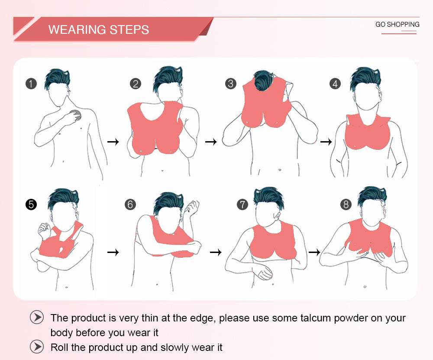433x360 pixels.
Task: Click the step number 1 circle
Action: (x=31, y=84)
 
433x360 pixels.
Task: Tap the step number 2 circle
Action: (x=135, y=84)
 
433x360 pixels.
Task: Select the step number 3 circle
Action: (x=231, y=84)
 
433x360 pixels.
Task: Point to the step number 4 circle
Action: (x=335, y=84)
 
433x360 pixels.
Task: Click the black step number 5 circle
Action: (x=31, y=204)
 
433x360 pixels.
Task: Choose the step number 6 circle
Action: (x=130, y=204)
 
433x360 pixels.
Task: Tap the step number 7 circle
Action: (x=242, y=204)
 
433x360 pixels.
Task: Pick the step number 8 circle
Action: (x=346, y=204)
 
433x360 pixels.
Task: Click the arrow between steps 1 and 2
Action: (x=113, y=142)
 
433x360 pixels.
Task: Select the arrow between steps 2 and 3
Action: (x=211, y=142)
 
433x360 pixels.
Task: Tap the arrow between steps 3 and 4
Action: (x=326, y=142)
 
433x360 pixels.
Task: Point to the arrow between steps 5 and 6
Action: (x=113, y=252)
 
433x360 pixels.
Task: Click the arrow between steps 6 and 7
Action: (x=216, y=252)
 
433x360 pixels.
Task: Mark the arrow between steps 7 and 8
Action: (x=314, y=252)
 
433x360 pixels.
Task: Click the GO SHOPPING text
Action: (x=397, y=24)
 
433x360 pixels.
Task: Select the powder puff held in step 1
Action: (x=76, y=115)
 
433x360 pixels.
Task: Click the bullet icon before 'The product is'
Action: (x=37, y=317)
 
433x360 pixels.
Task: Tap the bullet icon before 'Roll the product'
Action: (x=37, y=347)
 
